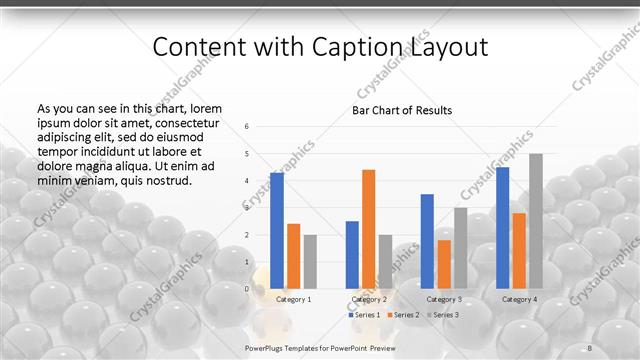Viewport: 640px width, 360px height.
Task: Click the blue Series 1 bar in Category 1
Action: pos(277,230)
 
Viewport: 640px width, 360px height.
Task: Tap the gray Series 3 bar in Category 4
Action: pos(536,221)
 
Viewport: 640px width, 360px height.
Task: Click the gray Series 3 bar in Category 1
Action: pos(310,262)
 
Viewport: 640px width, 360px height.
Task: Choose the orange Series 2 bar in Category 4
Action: pos(519,250)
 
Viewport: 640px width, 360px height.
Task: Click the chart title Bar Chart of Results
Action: pos(401,110)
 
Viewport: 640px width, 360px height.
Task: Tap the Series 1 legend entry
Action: pos(365,315)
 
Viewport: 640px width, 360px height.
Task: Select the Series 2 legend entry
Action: pos(403,315)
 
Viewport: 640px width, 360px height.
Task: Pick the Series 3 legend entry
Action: pos(441,315)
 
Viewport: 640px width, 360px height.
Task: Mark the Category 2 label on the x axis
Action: pos(368,299)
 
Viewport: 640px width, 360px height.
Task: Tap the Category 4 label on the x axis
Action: pos(519,299)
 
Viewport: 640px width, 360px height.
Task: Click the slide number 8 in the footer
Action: pos(589,347)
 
